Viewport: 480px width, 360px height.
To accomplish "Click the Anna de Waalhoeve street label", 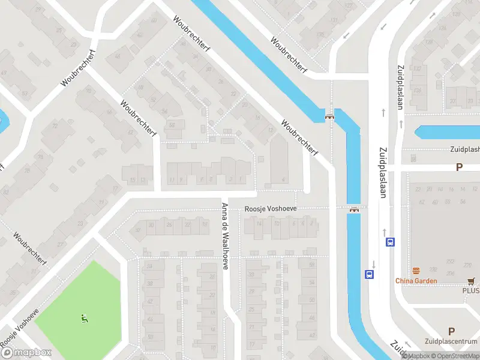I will [x=224, y=236].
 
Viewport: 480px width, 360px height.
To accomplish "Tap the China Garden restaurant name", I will [x=416, y=281].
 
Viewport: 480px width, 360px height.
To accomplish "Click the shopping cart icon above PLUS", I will [x=471, y=280].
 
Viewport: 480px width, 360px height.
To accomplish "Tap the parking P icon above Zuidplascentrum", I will [x=451, y=331].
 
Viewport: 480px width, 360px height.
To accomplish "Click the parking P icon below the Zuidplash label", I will [x=459, y=167].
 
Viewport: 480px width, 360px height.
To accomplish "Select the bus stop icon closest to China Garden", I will [x=390, y=242].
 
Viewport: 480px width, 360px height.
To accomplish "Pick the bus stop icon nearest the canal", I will [x=368, y=274].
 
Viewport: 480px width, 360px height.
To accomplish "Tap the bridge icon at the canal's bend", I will [x=329, y=116].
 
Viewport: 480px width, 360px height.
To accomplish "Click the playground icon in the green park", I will [x=83, y=318].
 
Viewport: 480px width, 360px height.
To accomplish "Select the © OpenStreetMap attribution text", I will [x=455, y=356].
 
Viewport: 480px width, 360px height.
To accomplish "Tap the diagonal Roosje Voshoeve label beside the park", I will [x=19, y=327].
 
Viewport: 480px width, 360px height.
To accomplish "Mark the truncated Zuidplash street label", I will [x=464, y=149].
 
